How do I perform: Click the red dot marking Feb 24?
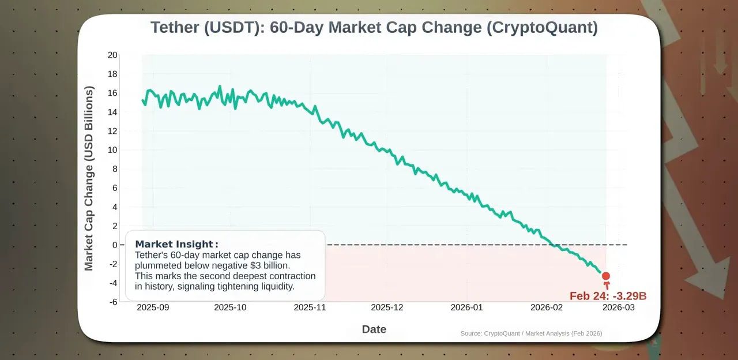click(x=605, y=276)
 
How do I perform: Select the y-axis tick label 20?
click(x=112, y=55)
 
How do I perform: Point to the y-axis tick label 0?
click(x=115, y=245)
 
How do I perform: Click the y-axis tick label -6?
click(x=113, y=302)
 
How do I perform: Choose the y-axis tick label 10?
click(x=112, y=150)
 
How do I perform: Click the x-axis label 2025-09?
click(x=153, y=307)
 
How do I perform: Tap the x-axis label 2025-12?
click(x=387, y=307)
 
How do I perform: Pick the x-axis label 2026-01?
click(x=466, y=307)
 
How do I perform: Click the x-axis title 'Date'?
click(x=374, y=329)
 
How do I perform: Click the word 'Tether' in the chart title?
click(x=175, y=28)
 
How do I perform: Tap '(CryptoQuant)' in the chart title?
click(x=541, y=28)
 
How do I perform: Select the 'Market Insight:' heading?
click(x=176, y=244)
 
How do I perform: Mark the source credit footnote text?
click(x=531, y=333)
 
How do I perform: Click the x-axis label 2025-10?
click(x=230, y=307)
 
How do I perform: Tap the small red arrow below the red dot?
click(x=605, y=286)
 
